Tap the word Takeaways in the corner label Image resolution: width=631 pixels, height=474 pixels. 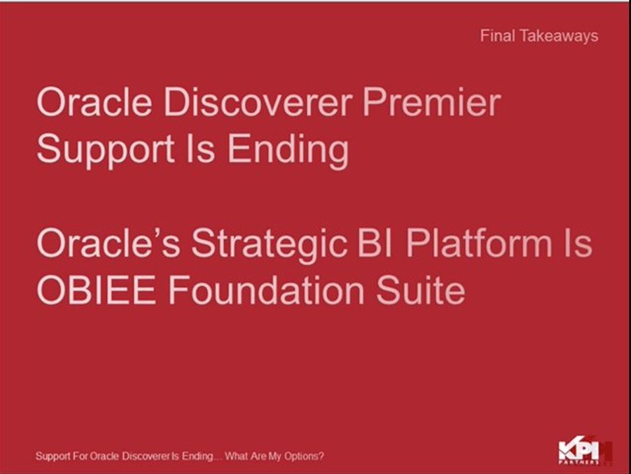tap(559, 36)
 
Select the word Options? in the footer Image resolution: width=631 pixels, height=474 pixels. tap(306, 456)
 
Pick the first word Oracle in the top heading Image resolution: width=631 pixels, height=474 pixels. tap(93, 103)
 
